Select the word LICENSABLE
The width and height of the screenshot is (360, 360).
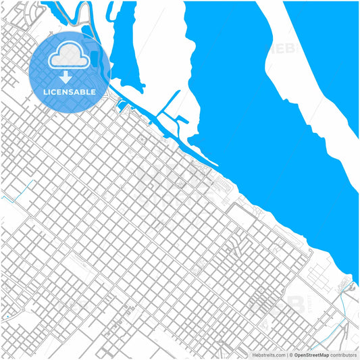(x=70, y=91)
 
